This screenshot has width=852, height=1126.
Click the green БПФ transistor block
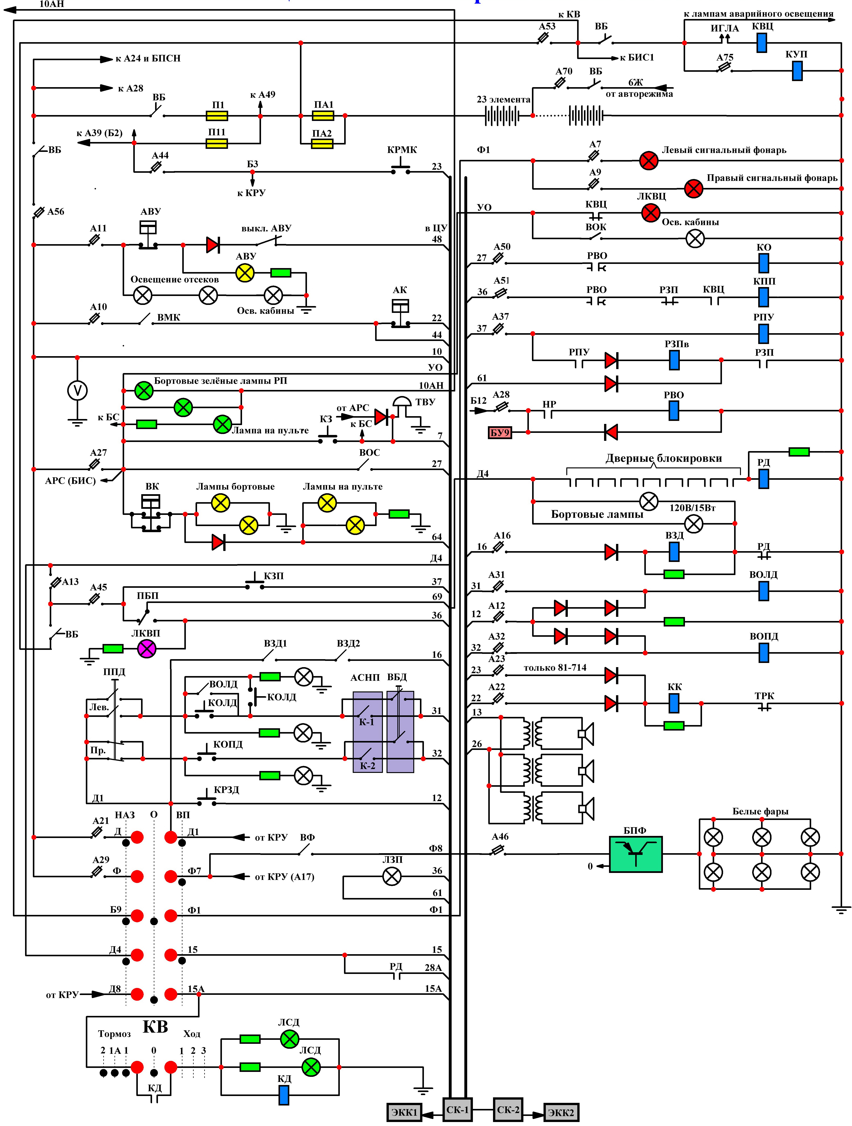636,854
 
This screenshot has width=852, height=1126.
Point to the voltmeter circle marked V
77,391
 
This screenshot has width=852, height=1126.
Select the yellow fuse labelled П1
217,116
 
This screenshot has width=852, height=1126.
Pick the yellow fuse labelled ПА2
322,144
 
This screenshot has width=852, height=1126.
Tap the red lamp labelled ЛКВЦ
650,213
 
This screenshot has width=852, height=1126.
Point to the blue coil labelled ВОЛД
764,591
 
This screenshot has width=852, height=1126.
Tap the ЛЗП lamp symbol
391,876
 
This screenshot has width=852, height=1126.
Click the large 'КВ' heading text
155,1027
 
